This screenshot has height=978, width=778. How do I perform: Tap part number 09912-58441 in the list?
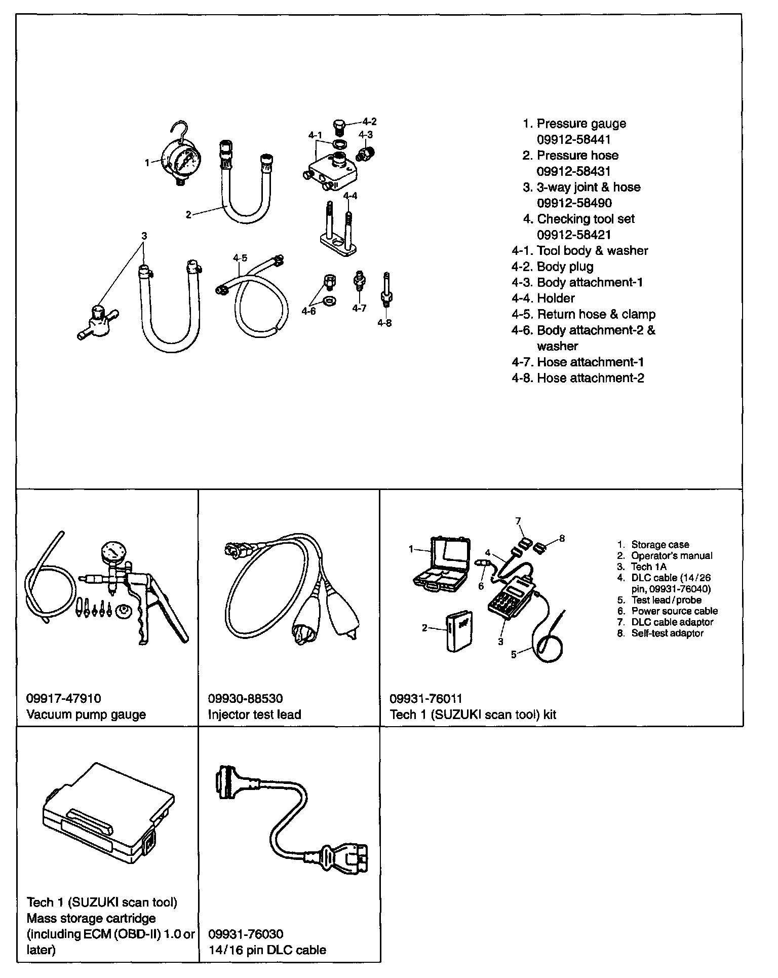pyautogui.click(x=573, y=139)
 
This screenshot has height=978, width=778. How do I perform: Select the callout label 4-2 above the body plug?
pyautogui.click(x=369, y=122)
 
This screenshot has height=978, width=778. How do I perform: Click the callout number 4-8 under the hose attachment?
pyautogui.click(x=384, y=323)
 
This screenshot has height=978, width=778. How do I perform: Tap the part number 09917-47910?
pyautogui.click(x=63, y=698)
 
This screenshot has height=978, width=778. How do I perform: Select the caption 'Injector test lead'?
pyautogui.click(x=254, y=714)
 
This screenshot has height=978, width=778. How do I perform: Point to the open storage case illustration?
pyautogui.click(x=443, y=563)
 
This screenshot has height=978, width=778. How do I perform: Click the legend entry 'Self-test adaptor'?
pyautogui.click(x=667, y=633)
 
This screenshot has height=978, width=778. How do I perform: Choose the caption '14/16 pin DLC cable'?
pyautogui.click(x=267, y=950)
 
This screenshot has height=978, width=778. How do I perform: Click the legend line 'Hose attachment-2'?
pyautogui.click(x=590, y=378)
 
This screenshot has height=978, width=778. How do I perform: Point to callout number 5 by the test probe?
pyautogui.click(x=514, y=655)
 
